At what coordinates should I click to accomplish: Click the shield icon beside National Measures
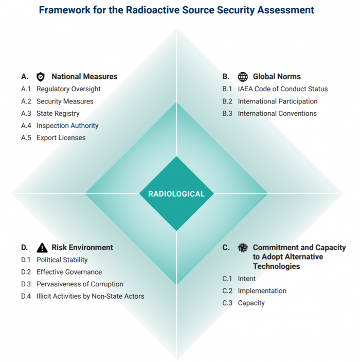click(x=41, y=77)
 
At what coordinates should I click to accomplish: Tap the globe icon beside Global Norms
click(x=243, y=77)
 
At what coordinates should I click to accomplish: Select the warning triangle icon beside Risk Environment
click(x=42, y=248)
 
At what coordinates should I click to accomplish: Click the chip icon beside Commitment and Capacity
click(x=243, y=248)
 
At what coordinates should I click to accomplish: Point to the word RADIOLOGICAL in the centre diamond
click(x=176, y=194)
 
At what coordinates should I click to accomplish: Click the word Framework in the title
click(x=65, y=10)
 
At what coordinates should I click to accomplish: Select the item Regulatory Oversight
click(x=68, y=89)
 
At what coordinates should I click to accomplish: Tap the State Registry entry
click(x=58, y=114)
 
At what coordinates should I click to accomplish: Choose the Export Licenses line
click(x=61, y=138)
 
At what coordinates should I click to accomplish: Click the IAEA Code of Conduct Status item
click(x=283, y=89)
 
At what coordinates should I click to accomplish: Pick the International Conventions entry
click(x=277, y=114)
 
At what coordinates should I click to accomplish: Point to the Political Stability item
click(x=62, y=260)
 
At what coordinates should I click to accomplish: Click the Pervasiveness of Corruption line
click(x=80, y=284)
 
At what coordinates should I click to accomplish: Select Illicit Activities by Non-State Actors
click(x=90, y=297)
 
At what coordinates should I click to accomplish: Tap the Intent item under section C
click(x=246, y=279)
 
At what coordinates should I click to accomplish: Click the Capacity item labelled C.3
click(x=251, y=303)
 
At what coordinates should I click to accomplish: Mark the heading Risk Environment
click(x=82, y=248)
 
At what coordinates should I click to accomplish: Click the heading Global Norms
click(x=277, y=77)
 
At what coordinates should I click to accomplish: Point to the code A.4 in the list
click(x=26, y=126)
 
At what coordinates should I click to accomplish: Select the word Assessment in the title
click(x=286, y=10)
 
